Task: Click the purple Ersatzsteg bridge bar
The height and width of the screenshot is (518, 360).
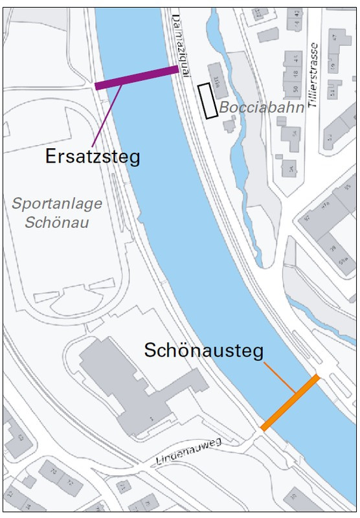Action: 137,77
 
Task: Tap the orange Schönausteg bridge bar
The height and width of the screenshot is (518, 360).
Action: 290,402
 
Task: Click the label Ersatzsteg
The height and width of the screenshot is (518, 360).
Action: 93,156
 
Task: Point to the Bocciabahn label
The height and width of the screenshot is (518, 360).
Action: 261,107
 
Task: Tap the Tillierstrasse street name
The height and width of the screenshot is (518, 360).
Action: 315,74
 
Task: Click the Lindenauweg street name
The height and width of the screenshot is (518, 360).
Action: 189,451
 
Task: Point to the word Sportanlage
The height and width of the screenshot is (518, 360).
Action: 57,203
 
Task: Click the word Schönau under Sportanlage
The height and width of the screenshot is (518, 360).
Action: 56,223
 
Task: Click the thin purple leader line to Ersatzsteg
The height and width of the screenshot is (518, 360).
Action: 107,117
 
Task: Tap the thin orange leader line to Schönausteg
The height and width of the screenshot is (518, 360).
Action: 280,377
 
